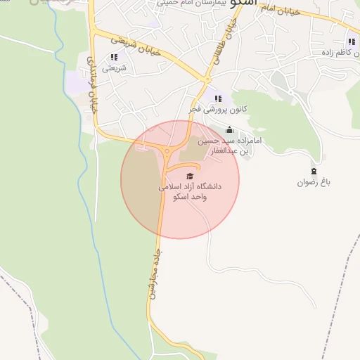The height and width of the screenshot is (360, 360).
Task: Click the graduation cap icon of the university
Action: point(189,176)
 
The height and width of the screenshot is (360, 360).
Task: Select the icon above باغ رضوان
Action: point(314,171)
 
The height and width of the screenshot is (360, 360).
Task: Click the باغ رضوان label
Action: point(313,182)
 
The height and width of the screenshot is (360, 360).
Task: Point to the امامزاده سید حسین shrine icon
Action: point(229,130)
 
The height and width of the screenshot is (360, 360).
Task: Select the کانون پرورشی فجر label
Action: point(217,110)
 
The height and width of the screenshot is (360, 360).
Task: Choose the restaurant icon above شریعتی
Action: point(114,57)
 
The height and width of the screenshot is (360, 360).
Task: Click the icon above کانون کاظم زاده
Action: point(351,41)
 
